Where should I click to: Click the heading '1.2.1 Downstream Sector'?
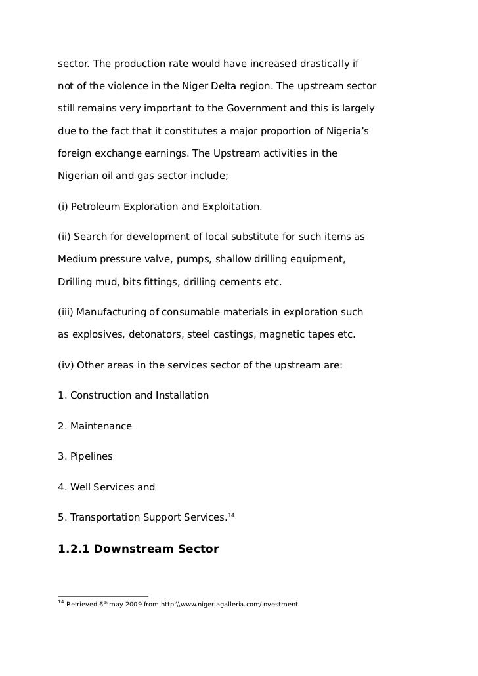tap(139, 549)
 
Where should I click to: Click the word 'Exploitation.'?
tap(231, 207)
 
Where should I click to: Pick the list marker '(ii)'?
tap(64, 236)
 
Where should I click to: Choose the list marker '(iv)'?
tap(66, 364)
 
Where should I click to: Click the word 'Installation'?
tap(182, 395)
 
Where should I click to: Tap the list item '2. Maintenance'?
tap(95, 426)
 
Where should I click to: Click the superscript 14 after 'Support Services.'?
tap(230, 515)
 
